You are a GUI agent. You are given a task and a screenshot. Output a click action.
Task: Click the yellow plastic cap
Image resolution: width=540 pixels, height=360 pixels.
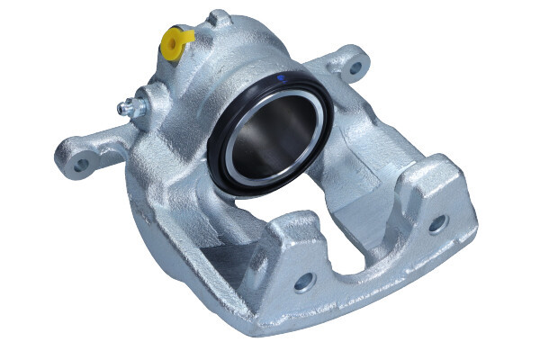click(x=176, y=39)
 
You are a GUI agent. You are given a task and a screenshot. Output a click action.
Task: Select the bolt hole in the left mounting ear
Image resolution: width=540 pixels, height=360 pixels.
click(x=82, y=165)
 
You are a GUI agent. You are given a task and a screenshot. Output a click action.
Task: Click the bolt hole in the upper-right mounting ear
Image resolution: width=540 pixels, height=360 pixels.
click(x=355, y=67)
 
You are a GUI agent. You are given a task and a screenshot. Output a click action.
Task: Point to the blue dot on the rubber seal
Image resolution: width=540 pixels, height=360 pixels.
click(x=281, y=79)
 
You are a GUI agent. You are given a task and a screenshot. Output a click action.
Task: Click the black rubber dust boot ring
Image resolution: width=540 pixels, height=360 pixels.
click(x=219, y=153)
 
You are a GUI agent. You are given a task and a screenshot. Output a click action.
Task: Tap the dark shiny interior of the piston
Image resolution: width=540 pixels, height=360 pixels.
click(x=274, y=126)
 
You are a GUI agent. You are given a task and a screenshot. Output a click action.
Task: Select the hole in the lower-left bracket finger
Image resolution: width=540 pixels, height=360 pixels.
click(x=302, y=281)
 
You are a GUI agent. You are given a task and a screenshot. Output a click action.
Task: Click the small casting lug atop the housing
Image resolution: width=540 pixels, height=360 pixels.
click(x=219, y=18)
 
